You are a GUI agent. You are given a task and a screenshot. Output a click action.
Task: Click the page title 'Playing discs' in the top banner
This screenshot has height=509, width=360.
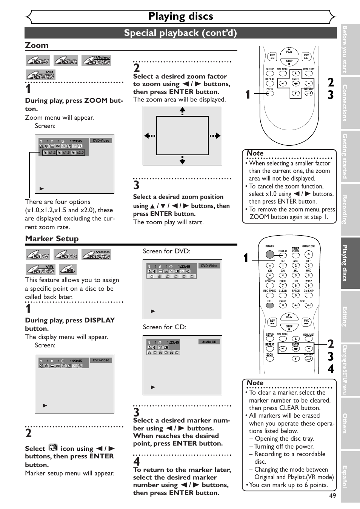180,16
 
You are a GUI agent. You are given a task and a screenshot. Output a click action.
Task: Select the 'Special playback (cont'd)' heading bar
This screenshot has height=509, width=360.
180,33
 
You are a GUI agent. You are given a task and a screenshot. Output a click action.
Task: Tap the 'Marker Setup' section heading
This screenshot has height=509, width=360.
52,239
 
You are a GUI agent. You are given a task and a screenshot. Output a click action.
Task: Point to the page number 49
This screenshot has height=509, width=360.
332,496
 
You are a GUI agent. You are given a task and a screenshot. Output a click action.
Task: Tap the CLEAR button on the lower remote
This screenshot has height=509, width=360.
283,296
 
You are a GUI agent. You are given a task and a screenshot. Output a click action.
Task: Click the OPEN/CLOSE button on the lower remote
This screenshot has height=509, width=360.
308,254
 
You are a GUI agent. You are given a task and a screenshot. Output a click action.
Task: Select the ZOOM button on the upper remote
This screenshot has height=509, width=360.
270,94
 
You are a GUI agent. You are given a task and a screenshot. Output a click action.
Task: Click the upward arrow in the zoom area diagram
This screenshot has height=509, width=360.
182,110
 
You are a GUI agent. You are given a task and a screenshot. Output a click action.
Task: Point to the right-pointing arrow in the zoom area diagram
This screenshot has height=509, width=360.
215,136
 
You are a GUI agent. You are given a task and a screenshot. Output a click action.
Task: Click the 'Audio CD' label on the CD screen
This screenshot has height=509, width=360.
209,342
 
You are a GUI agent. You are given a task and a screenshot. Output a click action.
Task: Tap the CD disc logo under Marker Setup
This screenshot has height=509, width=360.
68,269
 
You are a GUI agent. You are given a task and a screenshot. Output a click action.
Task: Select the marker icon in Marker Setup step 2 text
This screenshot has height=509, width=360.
53,448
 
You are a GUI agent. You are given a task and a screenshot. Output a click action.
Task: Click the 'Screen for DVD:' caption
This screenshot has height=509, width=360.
166,251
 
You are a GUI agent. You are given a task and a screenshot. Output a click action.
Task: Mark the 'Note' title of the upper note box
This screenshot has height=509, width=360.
255,153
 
